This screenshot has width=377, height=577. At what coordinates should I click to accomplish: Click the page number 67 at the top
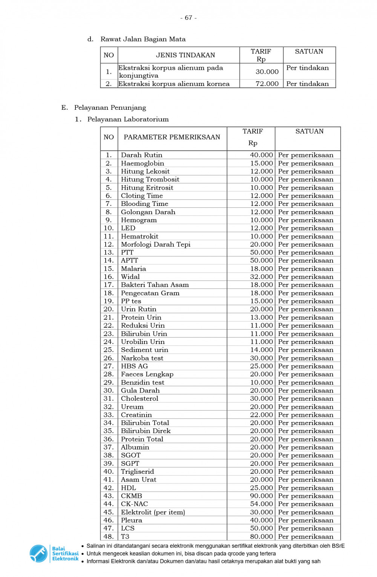pyautogui.click(x=188, y=18)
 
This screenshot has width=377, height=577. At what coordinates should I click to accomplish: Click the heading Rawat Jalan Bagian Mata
pyautogui.click(x=143, y=39)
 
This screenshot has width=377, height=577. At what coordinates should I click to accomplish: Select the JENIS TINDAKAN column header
pyautogui.click(x=185, y=55)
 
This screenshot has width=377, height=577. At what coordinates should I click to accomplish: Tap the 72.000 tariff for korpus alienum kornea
pyautogui.click(x=267, y=84)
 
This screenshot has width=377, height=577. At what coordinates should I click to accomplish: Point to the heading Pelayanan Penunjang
pyautogui.click(x=110, y=107)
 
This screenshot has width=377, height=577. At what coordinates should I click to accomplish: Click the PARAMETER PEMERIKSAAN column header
pyautogui.click(x=172, y=137)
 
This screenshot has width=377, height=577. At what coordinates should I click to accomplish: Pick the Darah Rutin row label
pyautogui.click(x=141, y=155)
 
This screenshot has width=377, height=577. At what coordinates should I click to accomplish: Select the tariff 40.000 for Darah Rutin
pyautogui.click(x=261, y=155)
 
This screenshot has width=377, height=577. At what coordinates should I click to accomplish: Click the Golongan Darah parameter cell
pyautogui.click(x=148, y=212)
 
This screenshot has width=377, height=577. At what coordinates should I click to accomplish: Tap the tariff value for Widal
pyautogui.click(x=261, y=277)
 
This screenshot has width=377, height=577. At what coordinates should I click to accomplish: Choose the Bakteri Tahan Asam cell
pyautogui.click(x=155, y=285)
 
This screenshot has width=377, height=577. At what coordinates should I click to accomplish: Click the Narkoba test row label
pyautogui.click(x=142, y=358)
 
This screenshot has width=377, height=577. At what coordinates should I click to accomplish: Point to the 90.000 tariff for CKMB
pyautogui.click(x=261, y=496)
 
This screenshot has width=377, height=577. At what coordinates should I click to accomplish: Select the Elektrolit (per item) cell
pyautogui.click(x=153, y=512)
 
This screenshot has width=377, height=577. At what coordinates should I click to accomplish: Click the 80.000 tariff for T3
pyautogui.click(x=261, y=536)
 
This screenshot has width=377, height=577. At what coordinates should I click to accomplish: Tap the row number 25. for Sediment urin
pyautogui.click(x=109, y=350)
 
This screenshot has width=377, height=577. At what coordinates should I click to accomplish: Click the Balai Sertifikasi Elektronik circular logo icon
pyautogui.click(x=38, y=553)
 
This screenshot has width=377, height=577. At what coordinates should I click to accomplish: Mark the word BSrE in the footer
pyautogui.click(x=338, y=546)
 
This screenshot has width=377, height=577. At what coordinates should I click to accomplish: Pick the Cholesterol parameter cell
pyautogui.click(x=139, y=399)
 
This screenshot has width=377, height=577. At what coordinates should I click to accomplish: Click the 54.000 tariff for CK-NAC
pyautogui.click(x=261, y=504)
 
